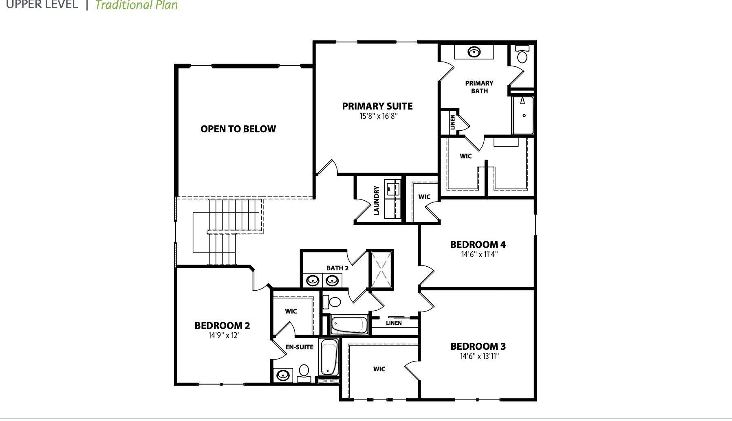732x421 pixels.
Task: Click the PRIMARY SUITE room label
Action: [377, 106]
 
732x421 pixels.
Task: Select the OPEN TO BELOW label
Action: [238, 129]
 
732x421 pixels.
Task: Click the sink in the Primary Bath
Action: [474, 52]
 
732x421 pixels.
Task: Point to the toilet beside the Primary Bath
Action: [522, 54]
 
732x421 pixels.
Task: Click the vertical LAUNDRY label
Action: [376, 200]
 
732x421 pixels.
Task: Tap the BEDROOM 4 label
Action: [478, 245]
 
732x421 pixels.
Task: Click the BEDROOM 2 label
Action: [222, 326]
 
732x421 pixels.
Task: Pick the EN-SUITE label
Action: [299, 347]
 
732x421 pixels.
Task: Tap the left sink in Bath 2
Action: [313, 280]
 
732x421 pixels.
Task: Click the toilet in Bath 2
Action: [333, 302]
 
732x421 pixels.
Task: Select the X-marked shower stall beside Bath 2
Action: [381, 269]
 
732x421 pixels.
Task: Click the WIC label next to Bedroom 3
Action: [379, 369]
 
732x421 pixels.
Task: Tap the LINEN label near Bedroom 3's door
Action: [394, 323]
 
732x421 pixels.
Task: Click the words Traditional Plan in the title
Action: [137, 5]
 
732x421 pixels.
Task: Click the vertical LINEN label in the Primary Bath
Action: [452, 122]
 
